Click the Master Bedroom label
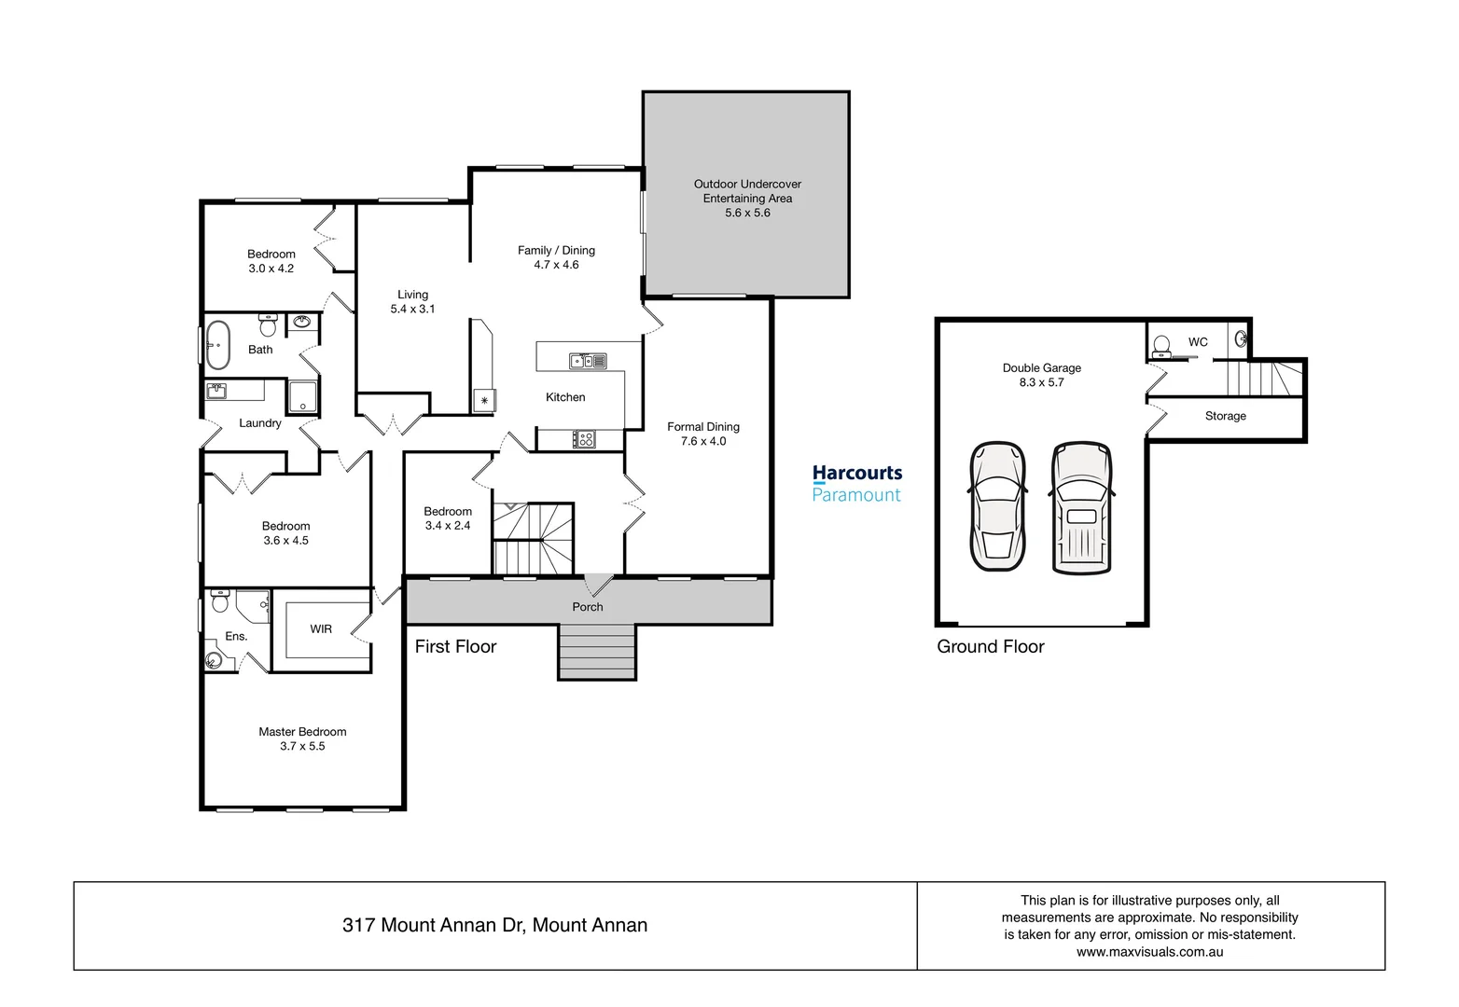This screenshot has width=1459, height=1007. [302, 732]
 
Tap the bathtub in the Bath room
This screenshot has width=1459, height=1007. [218, 345]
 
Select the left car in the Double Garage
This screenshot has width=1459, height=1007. [997, 506]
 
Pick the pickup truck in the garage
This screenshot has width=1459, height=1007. [1081, 506]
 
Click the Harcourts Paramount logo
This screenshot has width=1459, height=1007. [856, 483]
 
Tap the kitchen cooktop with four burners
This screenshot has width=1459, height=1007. [584, 438]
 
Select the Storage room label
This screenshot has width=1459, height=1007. [1225, 416]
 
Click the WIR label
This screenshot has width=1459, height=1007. [321, 629]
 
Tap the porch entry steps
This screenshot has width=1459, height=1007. [597, 652]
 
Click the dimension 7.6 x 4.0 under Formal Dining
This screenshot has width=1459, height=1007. [703, 441]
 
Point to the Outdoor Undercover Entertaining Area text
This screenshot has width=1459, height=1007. [747, 191]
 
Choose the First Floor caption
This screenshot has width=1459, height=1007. [455, 646]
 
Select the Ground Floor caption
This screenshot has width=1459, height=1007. [990, 646]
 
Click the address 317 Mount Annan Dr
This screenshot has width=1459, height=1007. [494, 925]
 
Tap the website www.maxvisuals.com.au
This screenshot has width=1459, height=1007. [1149, 952]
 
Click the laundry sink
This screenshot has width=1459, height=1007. [216, 390]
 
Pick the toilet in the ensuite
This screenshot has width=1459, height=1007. [220, 601]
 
